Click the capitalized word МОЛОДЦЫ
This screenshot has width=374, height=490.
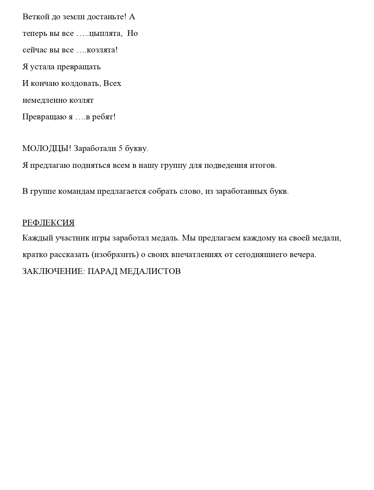(x=46, y=149)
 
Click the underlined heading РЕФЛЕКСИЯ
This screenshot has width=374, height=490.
(x=48, y=223)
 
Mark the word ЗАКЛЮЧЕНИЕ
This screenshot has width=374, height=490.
(x=54, y=271)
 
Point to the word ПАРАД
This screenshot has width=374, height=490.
(x=102, y=271)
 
